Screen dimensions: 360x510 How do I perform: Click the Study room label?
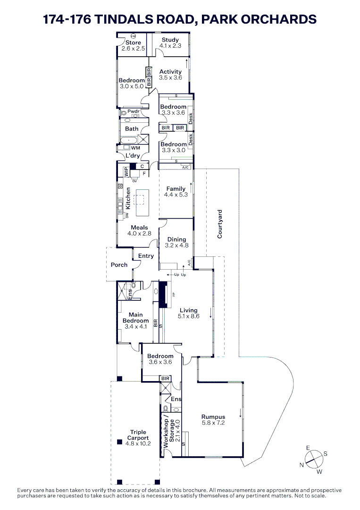pyautogui.click(x=170, y=40)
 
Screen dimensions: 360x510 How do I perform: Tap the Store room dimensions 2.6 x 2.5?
pyautogui.click(x=133, y=49)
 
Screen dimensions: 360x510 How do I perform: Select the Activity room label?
pyautogui.click(x=170, y=72)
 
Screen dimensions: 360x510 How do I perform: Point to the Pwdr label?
pyautogui.click(x=134, y=111)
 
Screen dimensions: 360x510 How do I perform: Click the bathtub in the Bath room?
pyautogui.click(x=129, y=140)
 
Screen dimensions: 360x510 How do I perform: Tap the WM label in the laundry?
pyautogui.click(x=135, y=148)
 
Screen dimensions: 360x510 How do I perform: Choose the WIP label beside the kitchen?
pyautogui.click(x=126, y=172)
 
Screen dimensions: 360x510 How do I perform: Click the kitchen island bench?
pyautogui.click(x=140, y=202)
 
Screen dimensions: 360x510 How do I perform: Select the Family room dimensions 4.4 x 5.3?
pyautogui.click(x=176, y=195)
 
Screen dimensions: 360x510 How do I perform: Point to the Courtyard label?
pyautogui.click(x=220, y=224)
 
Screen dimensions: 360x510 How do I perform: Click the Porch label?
pyautogui.click(x=119, y=265)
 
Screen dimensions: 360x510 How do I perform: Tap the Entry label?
pyautogui.click(x=146, y=256)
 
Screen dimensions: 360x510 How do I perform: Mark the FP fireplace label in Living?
pyautogui.click(x=174, y=295)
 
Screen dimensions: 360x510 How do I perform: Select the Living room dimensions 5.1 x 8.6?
pyautogui.click(x=188, y=316)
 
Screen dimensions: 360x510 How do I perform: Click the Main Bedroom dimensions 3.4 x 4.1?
pyautogui.click(x=135, y=327)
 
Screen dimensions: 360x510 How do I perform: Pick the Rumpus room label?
pyautogui.click(x=213, y=416)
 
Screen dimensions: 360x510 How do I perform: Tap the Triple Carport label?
pyautogui.click(x=138, y=435)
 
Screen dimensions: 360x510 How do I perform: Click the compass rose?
pyautogui.click(x=314, y=458)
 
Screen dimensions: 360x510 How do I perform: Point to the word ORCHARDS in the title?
pyautogui.click(x=273, y=19)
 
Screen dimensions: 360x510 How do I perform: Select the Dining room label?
pyautogui.click(x=177, y=239)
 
